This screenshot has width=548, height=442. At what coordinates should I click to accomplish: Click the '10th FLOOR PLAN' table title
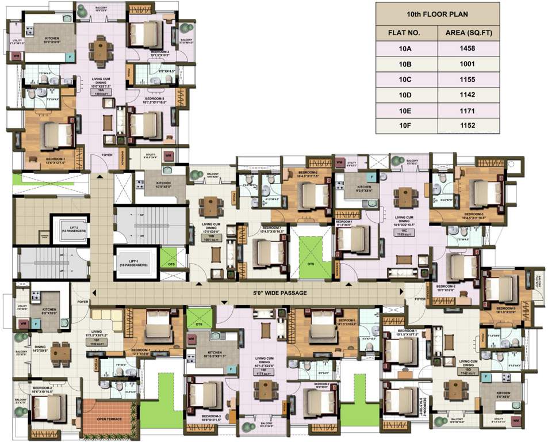(x=438, y=13)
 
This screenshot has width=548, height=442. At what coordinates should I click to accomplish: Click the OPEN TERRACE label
(x=109, y=419)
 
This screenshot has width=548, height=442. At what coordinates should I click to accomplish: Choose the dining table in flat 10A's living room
(x=102, y=49)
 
